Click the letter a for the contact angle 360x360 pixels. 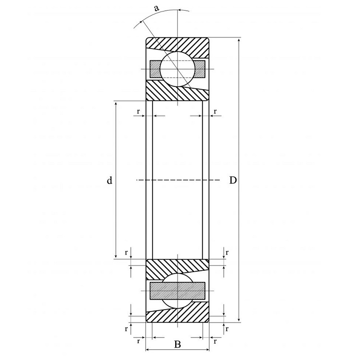point(156,8)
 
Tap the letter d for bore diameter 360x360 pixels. point(109,180)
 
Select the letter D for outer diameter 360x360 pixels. point(233,180)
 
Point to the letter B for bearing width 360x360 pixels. point(178,344)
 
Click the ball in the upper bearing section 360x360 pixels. point(178,69)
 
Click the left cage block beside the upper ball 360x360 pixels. point(156,69)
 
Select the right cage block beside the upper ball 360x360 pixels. point(199,69)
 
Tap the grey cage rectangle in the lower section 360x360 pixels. point(178,291)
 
